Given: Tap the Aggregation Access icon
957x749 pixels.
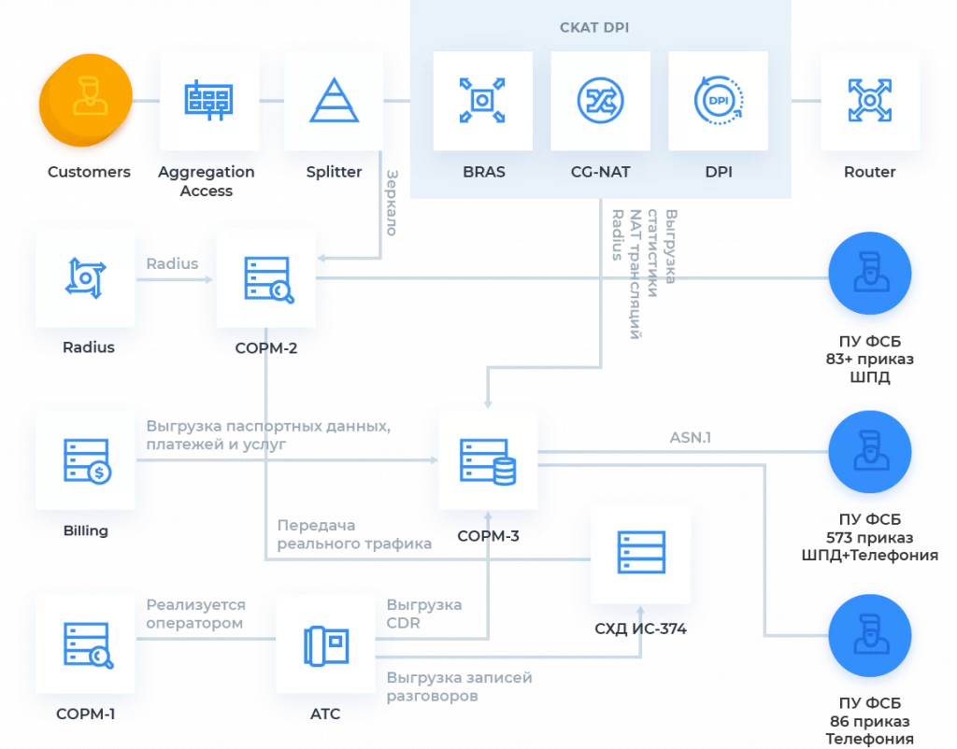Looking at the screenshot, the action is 208,100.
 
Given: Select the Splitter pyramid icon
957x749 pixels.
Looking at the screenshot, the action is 334,100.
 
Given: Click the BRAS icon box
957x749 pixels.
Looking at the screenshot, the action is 483,101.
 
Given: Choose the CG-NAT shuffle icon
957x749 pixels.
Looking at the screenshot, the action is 601,100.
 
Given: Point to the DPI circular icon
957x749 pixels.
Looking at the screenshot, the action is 719,100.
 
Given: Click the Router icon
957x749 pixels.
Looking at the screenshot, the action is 870,100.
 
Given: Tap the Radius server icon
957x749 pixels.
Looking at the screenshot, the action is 85,278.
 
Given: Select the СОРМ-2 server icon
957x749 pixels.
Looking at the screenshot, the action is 268,279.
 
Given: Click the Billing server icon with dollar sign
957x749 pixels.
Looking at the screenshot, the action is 87,461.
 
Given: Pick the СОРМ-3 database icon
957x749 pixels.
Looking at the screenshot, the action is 488,461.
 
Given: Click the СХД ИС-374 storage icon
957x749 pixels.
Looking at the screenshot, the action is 641,553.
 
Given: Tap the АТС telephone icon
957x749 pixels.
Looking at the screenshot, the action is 326,645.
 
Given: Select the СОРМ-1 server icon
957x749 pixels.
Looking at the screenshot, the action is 88,645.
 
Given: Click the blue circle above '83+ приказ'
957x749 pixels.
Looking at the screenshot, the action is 870,274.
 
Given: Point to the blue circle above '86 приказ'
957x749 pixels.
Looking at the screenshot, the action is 870,636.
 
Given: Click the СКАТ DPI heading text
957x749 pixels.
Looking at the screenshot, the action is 594,27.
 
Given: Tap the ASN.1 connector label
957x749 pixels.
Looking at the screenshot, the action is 691,437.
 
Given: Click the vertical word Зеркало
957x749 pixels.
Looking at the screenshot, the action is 392,203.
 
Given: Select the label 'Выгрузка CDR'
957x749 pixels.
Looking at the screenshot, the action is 424,614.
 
